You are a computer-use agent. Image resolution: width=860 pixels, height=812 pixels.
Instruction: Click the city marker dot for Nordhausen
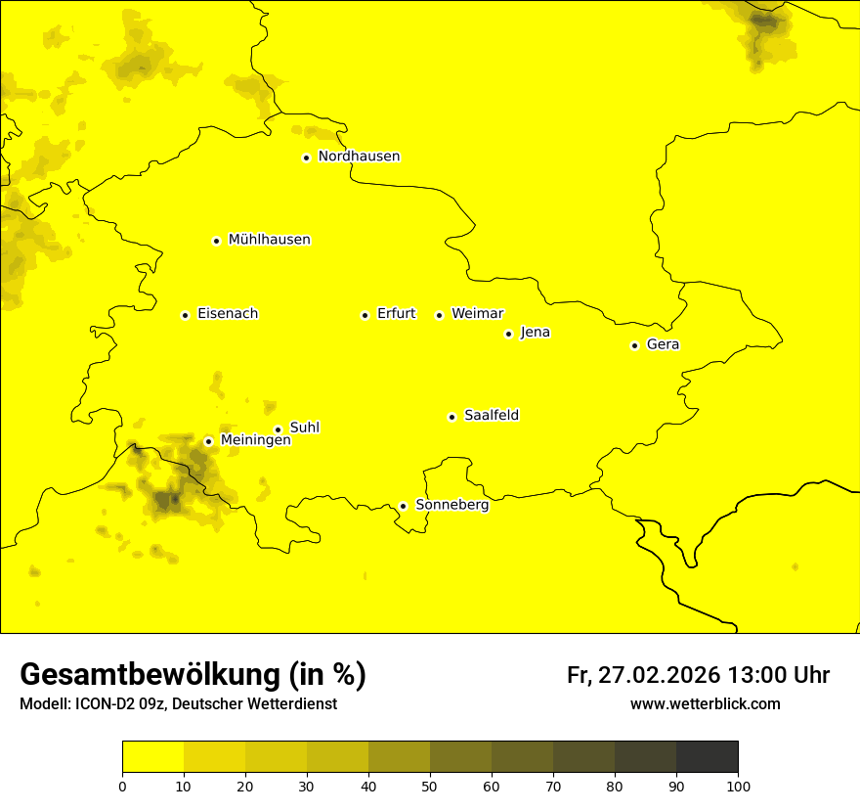click(x=306, y=158)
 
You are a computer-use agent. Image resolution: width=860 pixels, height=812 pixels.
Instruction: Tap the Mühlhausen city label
click(x=269, y=240)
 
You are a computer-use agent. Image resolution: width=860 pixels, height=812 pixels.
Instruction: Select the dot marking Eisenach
click(x=185, y=315)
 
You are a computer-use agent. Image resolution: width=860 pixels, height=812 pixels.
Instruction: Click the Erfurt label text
click(x=396, y=314)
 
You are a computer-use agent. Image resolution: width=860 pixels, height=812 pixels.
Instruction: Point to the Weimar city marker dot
click(x=439, y=315)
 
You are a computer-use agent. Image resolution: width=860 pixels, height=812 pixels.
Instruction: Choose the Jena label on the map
click(x=535, y=333)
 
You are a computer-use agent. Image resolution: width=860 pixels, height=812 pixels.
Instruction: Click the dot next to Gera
click(x=634, y=345)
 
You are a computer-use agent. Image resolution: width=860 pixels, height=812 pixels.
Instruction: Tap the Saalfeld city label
click(x=491, y=416)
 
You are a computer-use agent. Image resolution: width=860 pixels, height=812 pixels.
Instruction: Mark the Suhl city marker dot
click(x=278, y=429)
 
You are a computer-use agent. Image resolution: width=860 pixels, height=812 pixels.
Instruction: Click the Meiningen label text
click(x=255, y=441)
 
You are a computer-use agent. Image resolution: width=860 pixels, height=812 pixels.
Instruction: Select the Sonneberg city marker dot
click(x=403, y=506)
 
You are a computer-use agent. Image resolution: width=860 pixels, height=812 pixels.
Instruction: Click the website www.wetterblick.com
click(x=705, y=704)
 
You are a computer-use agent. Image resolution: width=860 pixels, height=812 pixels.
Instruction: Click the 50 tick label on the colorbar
click(x=430, y=786)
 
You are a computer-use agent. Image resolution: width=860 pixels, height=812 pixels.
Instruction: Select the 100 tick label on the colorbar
click(x=737, y=786)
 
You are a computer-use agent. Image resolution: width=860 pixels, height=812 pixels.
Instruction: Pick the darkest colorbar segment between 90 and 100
click(x=707, y=756)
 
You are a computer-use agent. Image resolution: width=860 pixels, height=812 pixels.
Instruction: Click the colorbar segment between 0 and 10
click(x=152, y=756)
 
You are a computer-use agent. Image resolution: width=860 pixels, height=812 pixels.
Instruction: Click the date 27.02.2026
click(x=659, y=676)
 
